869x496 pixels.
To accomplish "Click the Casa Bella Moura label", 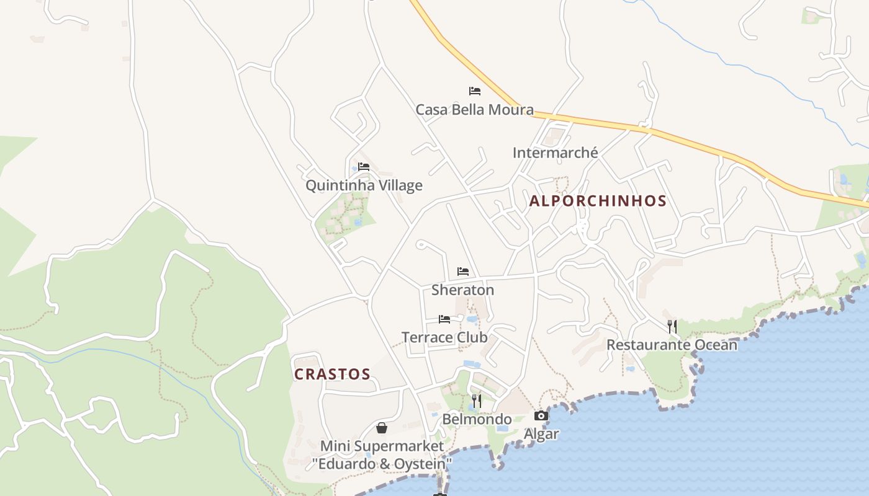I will [x=474, y=110].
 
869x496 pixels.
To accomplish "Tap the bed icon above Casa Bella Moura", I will [x=475, y=91].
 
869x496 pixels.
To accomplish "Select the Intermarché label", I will [x=555, y=153].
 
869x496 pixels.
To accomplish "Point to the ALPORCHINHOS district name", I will [x=598, y=201].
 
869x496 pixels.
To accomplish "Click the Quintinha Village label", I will [x=364, y=185].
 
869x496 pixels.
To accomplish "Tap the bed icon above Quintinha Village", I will [x=364, y=166].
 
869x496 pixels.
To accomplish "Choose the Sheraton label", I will [x=463, y=290].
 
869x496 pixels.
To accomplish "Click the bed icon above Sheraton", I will [x=463, y=271].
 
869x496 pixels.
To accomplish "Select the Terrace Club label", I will [x=444, y=337].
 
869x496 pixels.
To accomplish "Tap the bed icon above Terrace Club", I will [x=444, y=319].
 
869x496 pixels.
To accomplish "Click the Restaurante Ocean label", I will [x=672, y=345].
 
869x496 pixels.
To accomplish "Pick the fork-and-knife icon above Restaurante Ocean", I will [x=672, y=326].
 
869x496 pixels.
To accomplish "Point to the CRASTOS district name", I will [x=332, y=374].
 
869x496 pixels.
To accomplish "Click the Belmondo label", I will [x=477, y=419].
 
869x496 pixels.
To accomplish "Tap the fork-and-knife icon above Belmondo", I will [x=477, y=401].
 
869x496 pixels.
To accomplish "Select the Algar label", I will [x=541, y=434].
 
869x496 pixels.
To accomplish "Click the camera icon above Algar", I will [x=541, y=415].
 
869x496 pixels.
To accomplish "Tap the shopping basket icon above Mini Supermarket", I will [x=382, y=428].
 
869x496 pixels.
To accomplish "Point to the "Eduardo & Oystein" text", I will [x=382, y=463].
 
